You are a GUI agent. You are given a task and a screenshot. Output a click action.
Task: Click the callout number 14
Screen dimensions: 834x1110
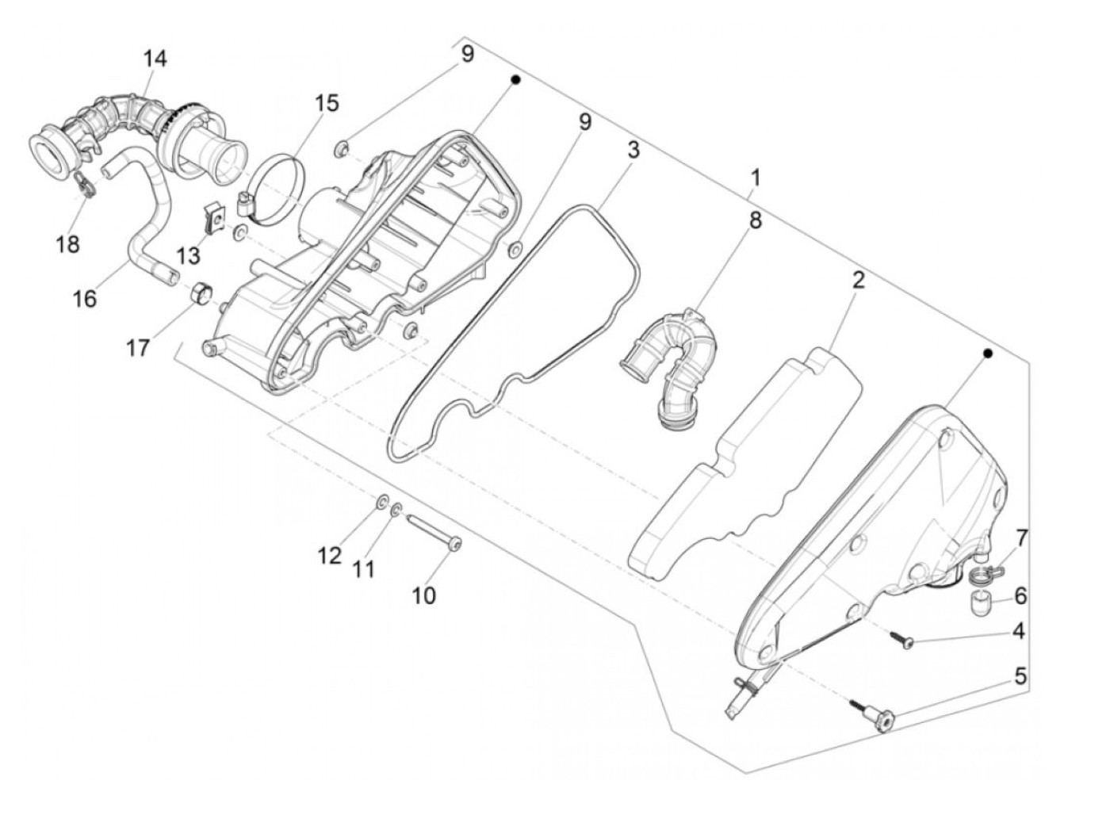coord(155,58)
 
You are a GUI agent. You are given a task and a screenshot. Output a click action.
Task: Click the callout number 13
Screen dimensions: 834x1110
coord(189,255)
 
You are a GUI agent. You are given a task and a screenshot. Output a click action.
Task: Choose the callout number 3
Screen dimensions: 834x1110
coord(633,149)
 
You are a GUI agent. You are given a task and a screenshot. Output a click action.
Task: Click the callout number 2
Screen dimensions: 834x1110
coord(858,279)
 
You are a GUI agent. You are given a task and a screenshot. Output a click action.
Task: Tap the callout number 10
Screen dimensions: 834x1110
coord(424,595)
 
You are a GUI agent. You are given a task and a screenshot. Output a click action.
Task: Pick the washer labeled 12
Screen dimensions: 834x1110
coord(381,501)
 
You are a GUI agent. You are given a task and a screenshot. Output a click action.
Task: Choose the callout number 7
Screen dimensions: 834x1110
coord(1020,538)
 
